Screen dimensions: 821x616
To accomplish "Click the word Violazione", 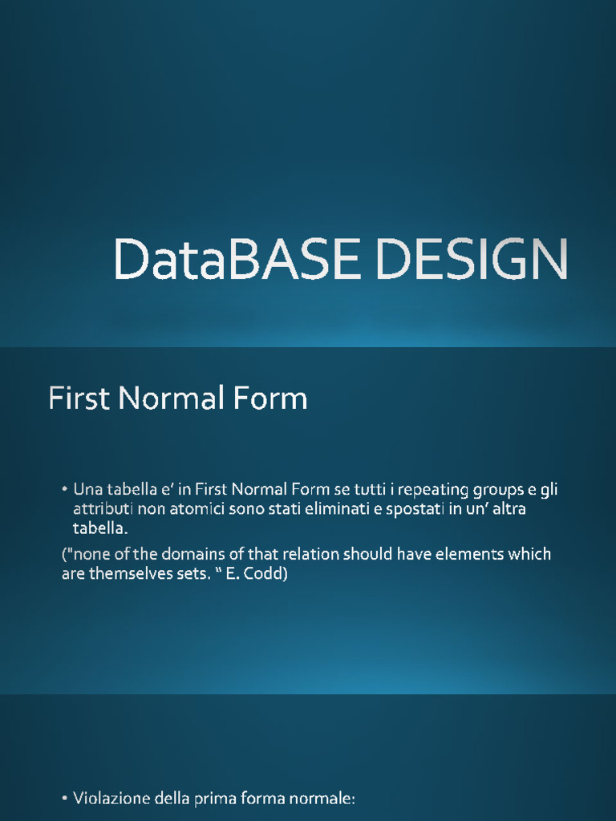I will [x=107, y=799].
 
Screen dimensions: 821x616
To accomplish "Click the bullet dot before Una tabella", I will [x=64, y=490].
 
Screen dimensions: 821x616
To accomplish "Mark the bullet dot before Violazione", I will [x=64, y=799].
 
